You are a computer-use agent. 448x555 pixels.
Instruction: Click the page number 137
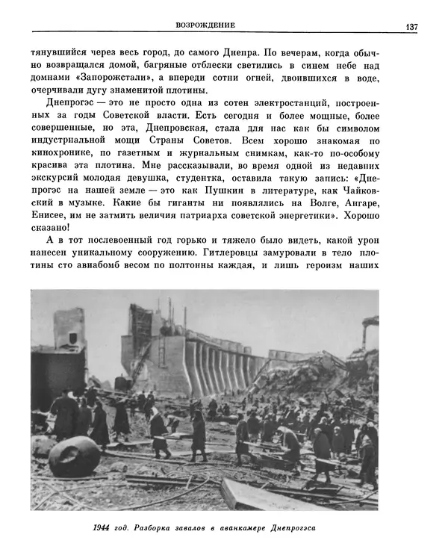point(411,27)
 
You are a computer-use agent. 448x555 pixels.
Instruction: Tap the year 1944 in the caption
point(105,527)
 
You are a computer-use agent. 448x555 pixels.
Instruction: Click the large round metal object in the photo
point(74,456)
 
